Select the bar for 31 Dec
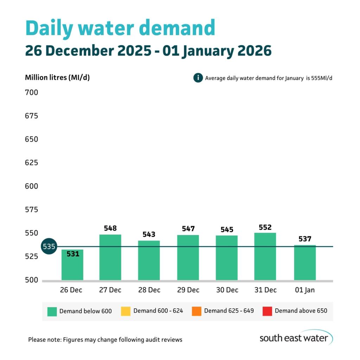click(265, 256)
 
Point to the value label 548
click(110, 228)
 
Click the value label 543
click(149, 234)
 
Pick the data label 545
click(227, 230)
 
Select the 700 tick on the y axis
click(31, 93)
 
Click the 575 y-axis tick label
click(31, 210)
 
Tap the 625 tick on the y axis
click(31, 163)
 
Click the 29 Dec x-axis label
click(188, 290)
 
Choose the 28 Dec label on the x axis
click(149, 290)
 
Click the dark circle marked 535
click(49, 246)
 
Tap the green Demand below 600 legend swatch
click(52, 311)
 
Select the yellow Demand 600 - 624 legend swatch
click(126, 311)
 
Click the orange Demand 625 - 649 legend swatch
click(197, 311)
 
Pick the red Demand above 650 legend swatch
click(267, 311)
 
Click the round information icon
click(198, 78)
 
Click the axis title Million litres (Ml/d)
click(57, 78)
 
